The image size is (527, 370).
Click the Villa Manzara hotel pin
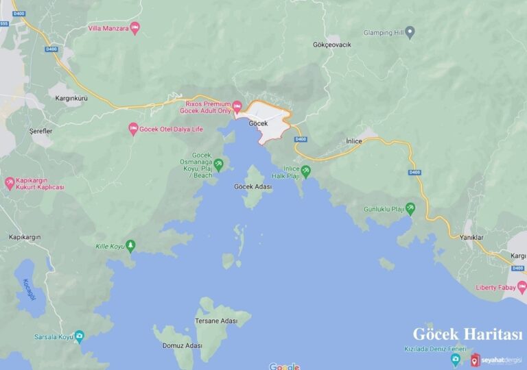[x=134, y=28]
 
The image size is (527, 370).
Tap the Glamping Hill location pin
[x=410, y=32]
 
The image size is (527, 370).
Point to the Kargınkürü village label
[x=71, y=98]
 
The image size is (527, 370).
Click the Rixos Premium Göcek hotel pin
[x=237, y=106]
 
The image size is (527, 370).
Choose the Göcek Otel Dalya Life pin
[x=133, y=129]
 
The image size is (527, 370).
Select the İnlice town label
[x=353, y=141]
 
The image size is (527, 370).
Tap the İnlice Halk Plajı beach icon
[x=305, y=171]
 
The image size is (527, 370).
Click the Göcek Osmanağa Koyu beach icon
[x=219, y=164]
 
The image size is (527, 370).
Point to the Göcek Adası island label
[x=253, y=186]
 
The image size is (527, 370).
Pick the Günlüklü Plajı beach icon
[x=410, y=207]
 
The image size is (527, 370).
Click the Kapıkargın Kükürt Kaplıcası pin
[x=10, y=183]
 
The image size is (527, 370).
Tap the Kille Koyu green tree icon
[x=130, y=245]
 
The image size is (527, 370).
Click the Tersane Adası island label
[x=215, y=321]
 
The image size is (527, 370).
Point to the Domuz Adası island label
[x=182, y=346]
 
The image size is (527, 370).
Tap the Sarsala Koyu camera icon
[x=80, y=336]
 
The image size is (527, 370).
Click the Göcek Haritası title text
[x=467, y=334]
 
